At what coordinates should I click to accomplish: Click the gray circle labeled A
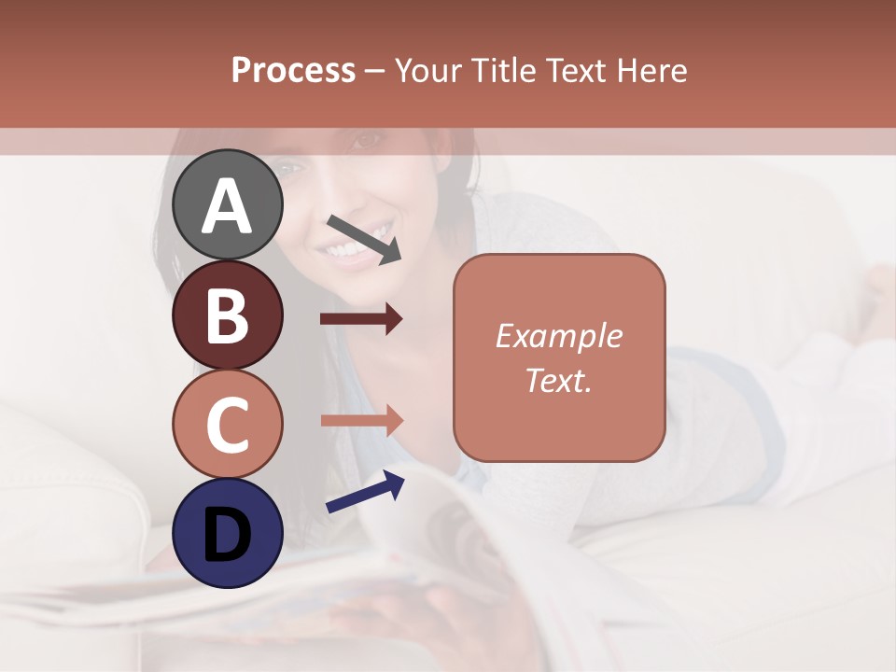tap(228, 204)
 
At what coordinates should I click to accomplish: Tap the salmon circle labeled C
tap(228, 424)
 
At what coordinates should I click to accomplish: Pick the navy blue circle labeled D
tap(228, 533)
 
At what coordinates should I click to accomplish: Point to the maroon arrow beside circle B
tap(361, 319)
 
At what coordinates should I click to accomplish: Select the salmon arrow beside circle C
tap(361, 420)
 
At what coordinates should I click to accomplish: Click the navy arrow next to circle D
tap(365, 492)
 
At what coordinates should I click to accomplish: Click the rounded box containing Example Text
tap(559, 357)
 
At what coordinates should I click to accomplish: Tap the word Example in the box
tap(559, 336)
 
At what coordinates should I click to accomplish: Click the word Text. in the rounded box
tap(559, 380)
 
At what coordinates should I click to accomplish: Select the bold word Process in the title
tap(293, 70)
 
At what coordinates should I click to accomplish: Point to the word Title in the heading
tap(508, 70)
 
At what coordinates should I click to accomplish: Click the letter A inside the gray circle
tap(228, 206)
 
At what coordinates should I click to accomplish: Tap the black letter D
tap(228, 534)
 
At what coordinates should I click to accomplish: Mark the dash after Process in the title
tap(375, 71)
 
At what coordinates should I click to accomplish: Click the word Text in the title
tap(579, 70)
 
